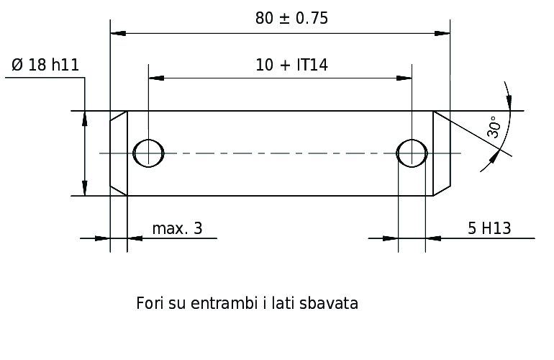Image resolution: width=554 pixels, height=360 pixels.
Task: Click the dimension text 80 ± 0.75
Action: [291, 19]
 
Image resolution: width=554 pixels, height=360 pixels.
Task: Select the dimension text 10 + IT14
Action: [291, 65]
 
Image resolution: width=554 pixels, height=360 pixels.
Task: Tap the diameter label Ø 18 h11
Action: [45, 65]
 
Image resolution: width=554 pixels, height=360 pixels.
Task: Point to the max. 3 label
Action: [177, 228]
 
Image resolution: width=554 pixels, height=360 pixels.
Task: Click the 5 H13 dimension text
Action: [489, 228]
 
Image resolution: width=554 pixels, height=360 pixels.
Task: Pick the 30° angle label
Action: [494, 127]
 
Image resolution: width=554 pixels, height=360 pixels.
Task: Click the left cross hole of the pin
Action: [148, 153]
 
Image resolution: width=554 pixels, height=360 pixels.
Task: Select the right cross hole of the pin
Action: [412, 153]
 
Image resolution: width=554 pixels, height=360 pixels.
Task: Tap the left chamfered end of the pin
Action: [119, 153]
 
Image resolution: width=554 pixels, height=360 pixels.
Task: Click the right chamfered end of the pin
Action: [442, 153]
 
